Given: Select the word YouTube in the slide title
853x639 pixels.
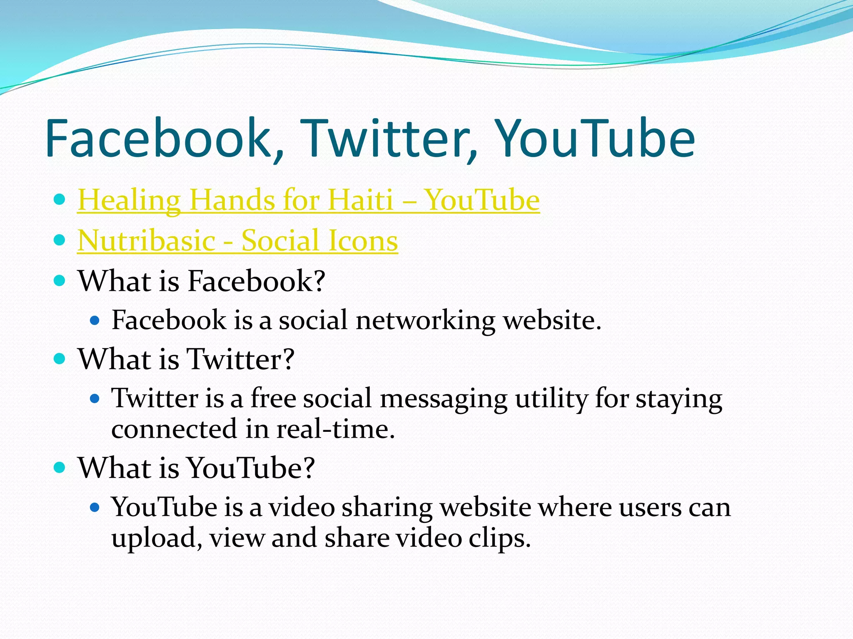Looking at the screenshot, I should (596, 138).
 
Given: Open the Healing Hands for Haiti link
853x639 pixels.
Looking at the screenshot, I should (308, 200).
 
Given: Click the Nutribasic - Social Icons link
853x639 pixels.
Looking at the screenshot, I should (237, 240).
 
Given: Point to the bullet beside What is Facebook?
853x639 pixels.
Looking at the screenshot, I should (60, 280).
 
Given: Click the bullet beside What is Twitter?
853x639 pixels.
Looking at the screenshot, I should (60, 358).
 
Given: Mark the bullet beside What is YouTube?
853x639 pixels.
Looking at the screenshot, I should (60, 467).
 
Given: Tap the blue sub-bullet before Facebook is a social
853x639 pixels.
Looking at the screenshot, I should (95, 320).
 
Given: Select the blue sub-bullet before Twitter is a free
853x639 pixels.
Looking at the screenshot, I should (95, 399).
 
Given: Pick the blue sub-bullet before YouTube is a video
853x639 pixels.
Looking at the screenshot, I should (95, 507).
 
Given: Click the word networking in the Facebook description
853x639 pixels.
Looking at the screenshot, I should (425, 321).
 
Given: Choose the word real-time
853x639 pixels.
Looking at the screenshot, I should (335, 429).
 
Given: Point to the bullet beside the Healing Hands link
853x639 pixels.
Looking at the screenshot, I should (60, 200).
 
